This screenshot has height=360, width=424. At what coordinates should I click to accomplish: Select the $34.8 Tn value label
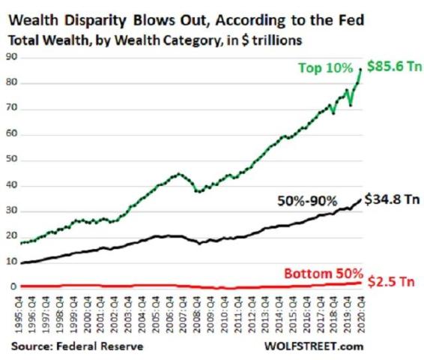392,199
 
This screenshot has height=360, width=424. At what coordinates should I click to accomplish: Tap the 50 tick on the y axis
10,160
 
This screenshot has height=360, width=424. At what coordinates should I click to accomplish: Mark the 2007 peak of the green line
175,175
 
